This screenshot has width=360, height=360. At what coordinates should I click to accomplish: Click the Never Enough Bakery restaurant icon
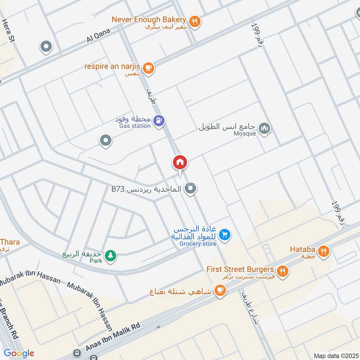coord(195,21)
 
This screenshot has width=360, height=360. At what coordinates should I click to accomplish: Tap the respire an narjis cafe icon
coord(149,68)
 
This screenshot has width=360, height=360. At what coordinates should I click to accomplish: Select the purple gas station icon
coord(158,121)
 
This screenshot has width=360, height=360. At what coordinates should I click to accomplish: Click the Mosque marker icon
coord(265,129)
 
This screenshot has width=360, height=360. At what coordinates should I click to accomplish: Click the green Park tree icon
coord(110,256)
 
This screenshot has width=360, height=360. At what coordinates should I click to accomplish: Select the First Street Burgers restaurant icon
coord(283,270)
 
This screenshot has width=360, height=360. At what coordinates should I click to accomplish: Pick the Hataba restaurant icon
coord(323,252)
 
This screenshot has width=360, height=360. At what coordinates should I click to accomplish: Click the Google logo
coord(19,353)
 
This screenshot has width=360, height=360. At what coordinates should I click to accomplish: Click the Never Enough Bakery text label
coord(148,19)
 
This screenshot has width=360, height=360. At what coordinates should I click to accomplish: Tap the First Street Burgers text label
coord(240,269)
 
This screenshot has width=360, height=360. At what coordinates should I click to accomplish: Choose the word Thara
coord(10,242)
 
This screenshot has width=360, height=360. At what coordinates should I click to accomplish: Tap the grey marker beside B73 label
coord(191,189)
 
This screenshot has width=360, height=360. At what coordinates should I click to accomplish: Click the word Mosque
coord(245,133)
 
